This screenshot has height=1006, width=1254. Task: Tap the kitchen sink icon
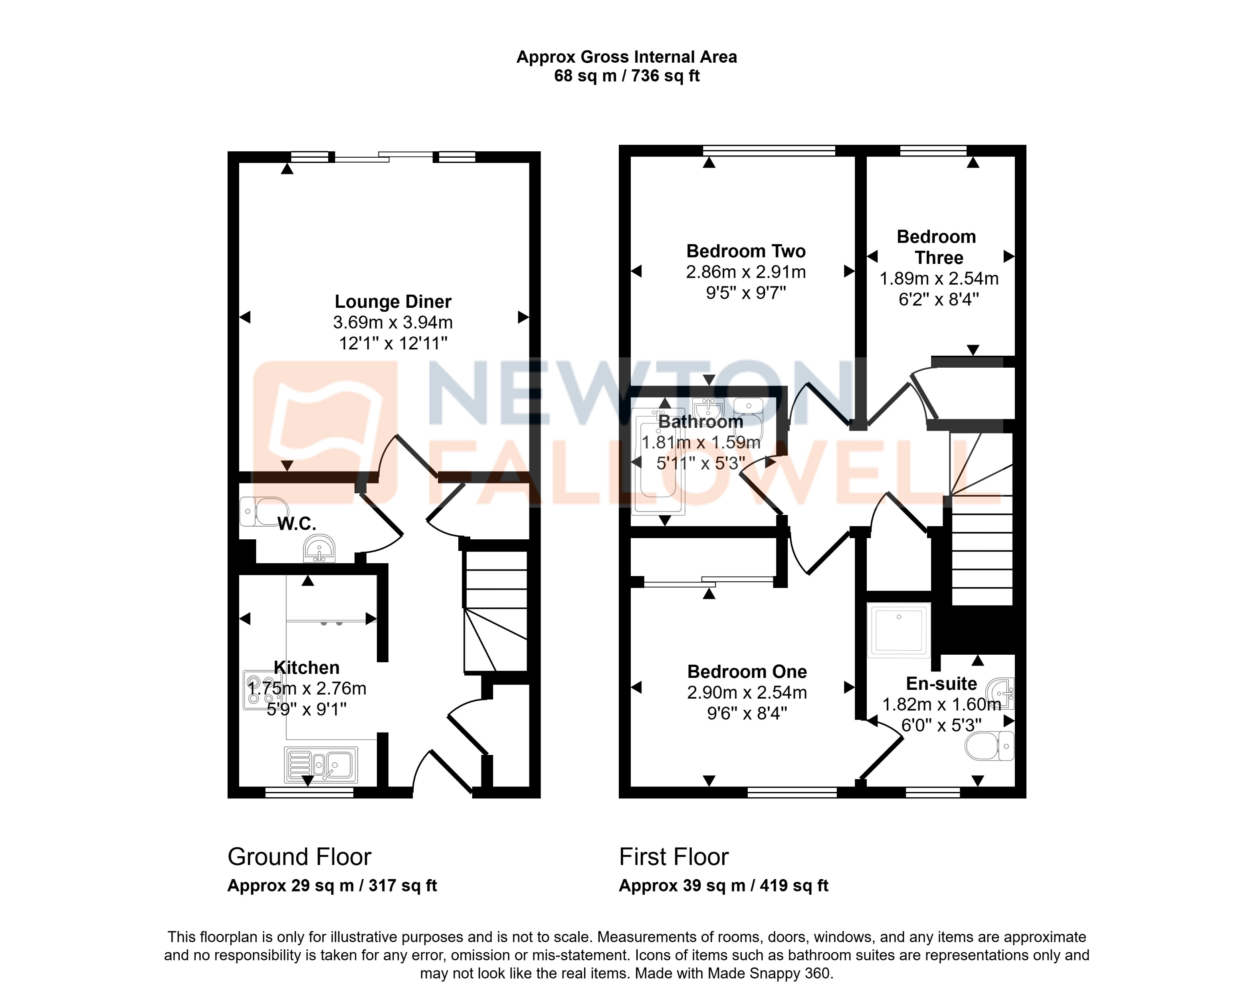pos(321,764)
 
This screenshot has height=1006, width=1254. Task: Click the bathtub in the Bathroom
pos(658,462)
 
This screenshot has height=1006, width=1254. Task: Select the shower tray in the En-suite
pos(899,630)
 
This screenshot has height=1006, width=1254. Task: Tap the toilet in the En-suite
pos(989,746)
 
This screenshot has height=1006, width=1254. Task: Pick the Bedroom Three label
pos(937,247)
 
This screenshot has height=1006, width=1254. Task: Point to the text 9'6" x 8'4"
pos(747,713)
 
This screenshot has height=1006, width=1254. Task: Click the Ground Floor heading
pos(299,857)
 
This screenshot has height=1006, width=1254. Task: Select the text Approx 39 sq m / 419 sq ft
pos(723,885)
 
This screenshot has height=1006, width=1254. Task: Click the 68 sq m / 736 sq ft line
pos(626,76)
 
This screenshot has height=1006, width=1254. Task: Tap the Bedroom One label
pos(747,671)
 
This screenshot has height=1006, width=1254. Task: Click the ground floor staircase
pos(495,610)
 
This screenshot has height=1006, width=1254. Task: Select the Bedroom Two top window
pos(769,151)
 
